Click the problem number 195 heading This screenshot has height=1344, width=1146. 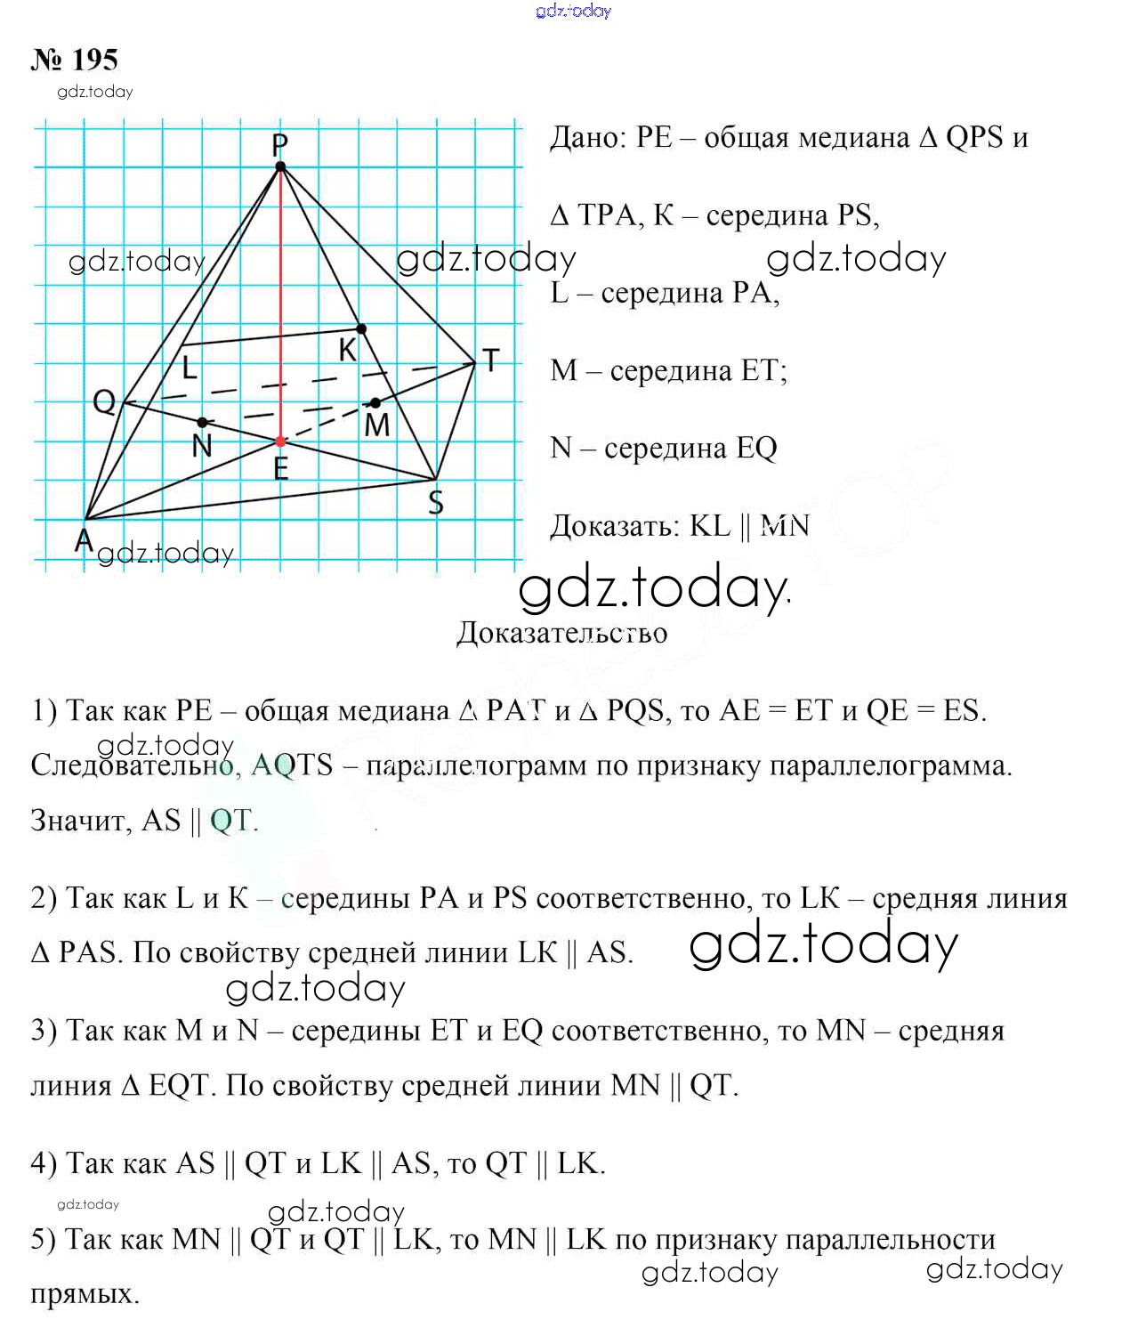click(x=75, y=61)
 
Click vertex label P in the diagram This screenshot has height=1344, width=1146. click(x=279, y=144)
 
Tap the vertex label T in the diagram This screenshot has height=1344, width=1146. click(x=490, y=360)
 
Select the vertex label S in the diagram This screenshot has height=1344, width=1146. click(x=436, y=503)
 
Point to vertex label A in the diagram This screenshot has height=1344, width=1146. click(x=83, y=539)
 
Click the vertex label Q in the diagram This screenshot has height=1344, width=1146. click(x=104, y=402)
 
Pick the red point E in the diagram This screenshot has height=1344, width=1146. click(x=280, y=441)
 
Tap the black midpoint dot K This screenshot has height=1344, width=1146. click(x=361, y=329)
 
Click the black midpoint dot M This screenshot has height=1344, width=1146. click(x=375, y=403)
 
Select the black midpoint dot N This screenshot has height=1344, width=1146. click(x=203, y=422)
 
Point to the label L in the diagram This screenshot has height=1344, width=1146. click(x=190, y=367)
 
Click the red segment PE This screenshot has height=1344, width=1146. click(x=280, y=303)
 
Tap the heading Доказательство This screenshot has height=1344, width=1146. click(x=561, y=633)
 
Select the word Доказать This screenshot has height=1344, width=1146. click(x=615, y=526)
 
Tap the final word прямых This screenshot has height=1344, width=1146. click(x=85, y=1293)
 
